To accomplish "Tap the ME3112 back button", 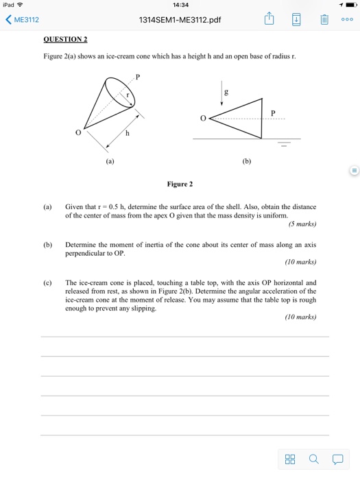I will tap(23, 20).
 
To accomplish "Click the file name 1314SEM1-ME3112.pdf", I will tap(181, 20).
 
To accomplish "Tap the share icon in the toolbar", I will tap(270, 19).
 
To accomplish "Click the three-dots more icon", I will tap(347, 19).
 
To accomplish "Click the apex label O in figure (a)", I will tap(78, 133).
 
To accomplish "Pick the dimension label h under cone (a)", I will tap(127, 133).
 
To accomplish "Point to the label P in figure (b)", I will tap(272, 112).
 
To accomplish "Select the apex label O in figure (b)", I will tap(202, 118).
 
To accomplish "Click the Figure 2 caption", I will tap(180, 184).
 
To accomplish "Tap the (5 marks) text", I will tap(302, 224).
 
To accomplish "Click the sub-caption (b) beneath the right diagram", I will tap(247, 162).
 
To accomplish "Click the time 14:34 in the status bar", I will tap(181, 5).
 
